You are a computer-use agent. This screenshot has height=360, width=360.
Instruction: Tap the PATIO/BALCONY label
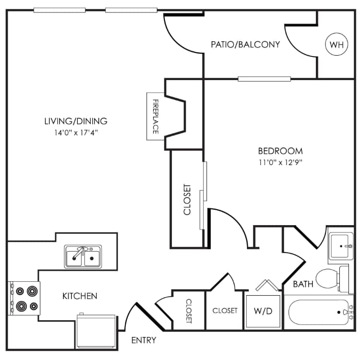click(x=245, y=45)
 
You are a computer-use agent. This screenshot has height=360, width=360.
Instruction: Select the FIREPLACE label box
click(x=156, y=116)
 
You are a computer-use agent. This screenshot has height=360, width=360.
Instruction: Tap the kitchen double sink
click(x=83, y=256)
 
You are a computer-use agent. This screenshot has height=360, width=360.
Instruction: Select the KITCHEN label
click(x=80, y=296)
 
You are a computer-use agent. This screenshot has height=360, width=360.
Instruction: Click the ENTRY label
click(x=144, y=340)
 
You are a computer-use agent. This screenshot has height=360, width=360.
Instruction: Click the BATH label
click(x=303, y=284)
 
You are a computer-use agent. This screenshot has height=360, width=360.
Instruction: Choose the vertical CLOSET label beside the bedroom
click(x=187, y=199)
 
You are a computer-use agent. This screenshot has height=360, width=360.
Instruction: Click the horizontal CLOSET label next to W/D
click(x=225, y=311)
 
